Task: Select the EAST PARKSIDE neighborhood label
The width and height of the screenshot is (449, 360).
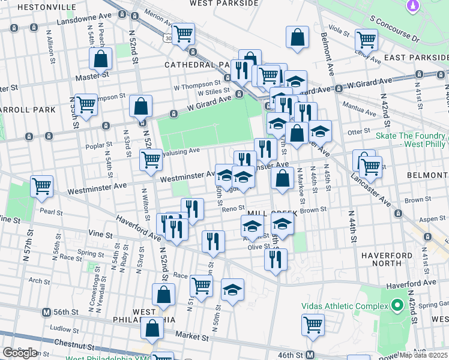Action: tap(417, 57)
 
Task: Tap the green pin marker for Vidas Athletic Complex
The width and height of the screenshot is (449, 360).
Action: tap(397, 306)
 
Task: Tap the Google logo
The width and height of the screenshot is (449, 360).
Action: tap(19, 353)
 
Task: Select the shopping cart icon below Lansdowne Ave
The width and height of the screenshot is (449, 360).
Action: tap(184, 34)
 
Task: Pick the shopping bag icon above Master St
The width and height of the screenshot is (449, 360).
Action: tap(100, 59)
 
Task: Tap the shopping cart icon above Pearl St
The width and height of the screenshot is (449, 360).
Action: tap(41, 186)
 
